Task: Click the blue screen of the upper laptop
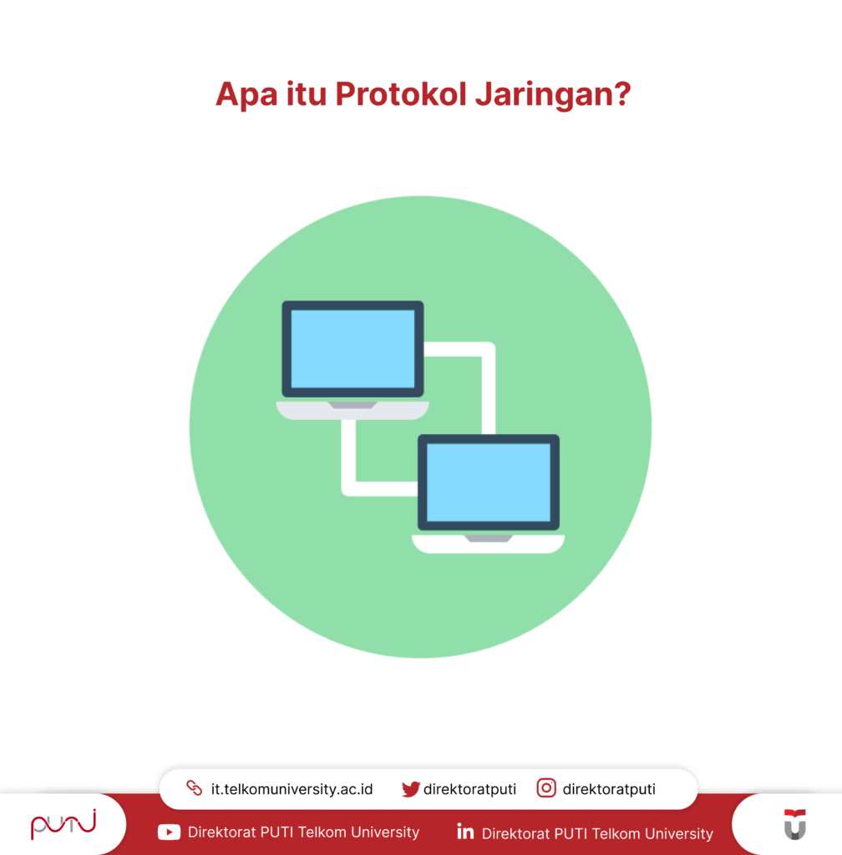pyautogui.click(x=353, y=349)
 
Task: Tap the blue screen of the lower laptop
pyautogui.click(x=489, y=483)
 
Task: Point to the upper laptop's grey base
pyautogui.click(x=353, y=409)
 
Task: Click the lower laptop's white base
pyautogui.click(x=489, y=544)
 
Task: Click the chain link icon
pyautogui.click(x=195, y=788)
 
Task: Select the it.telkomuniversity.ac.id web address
pyautogui.click(x=292, y=789)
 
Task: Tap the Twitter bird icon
pyautogui.click(x=410, y=789)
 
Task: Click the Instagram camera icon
pyautogui.click(x=546, y=788)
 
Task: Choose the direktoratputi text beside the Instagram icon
pyautogui.click(x=609, y=789)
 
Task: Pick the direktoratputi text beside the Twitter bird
pyautogui.click(x=469, y=789)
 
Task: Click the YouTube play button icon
pyautogui.click(x=169, y=832)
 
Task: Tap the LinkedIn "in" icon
pyautogui.click(x=465, y=832)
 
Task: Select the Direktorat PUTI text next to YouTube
pyautogui.click(x=303, y=832)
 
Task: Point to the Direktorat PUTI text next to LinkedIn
pyautogui.click(x=597, y=833)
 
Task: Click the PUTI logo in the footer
pyautogui.click(x=63, y=824)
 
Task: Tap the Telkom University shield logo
pyautogui.click(x=794, y=824)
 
